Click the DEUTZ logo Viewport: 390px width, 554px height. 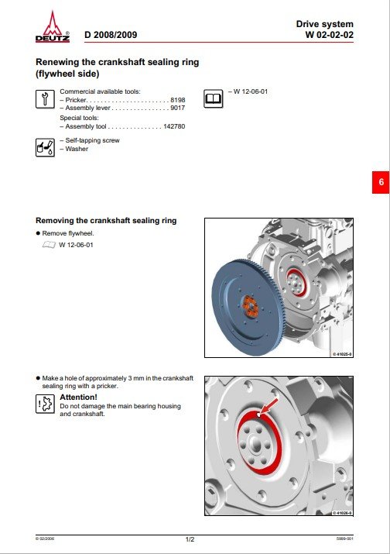click(52, 27)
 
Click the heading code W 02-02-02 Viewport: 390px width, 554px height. click(329, 36)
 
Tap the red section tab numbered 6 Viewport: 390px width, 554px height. click(381, 182)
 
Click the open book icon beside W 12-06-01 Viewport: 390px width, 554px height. click(213, 98)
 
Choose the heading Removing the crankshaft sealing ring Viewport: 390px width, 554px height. click(106, 221)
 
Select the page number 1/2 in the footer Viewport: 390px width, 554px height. click(190, 538)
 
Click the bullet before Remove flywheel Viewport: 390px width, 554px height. click(38, 232)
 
